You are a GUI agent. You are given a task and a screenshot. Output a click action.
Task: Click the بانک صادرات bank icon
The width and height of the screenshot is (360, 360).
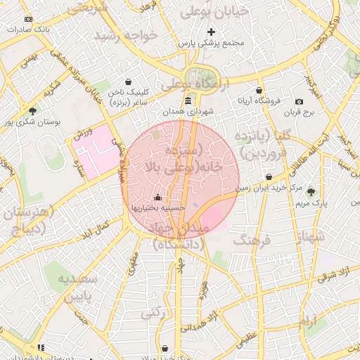click(x=27, y=19)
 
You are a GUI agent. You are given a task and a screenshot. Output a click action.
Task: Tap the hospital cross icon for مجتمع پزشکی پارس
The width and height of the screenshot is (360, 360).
click(x=211, y=32)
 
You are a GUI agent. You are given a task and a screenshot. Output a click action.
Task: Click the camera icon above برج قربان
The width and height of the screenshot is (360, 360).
click(x=300, y=102)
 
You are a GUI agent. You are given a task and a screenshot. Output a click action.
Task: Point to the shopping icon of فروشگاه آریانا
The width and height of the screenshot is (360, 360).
click(x=259, y=91)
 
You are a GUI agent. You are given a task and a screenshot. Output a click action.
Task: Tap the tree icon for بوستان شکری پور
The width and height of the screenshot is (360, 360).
click(x=32, y=110)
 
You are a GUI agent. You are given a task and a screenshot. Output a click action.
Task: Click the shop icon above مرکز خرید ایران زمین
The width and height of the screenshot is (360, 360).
click(x=269, y=176)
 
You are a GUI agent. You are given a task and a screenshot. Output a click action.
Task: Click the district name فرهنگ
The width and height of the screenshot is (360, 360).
click(x=251, y=242)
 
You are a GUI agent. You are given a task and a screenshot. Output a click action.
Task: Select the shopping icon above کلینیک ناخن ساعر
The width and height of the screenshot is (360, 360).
click(x=128, y=82)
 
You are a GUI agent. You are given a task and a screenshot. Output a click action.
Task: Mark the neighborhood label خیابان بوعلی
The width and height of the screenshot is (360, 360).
click(x=210, y=12)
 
